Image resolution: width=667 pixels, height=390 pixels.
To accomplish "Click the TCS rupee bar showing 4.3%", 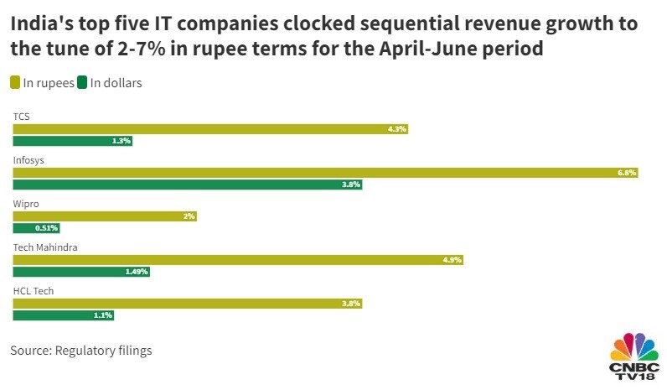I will click(x=210, y=129).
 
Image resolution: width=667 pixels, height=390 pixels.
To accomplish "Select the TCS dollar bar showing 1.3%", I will click(x=72, y=141).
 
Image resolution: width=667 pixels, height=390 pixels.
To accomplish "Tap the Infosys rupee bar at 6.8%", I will click(x=325, y=173).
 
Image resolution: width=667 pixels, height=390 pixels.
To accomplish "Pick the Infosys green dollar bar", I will click(x=187, y=185).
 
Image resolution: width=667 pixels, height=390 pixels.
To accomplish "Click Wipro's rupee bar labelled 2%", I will click(x=104, y=216).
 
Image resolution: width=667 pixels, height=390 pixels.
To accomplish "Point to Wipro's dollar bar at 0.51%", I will click(x=36, y=228).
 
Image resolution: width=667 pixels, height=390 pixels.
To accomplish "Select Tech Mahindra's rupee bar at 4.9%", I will click(x=237, y=260).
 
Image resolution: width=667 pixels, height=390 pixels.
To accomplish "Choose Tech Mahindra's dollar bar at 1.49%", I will click(x=80, y=272).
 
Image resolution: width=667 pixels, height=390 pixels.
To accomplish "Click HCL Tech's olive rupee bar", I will click(x=187, y=304).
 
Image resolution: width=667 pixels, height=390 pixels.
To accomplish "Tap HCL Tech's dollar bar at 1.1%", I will click(x=63, y=315).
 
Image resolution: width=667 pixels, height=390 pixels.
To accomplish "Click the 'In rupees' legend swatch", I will click(x=16, y=82).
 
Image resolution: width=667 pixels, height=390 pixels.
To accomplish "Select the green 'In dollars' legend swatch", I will click(x=83, y=82).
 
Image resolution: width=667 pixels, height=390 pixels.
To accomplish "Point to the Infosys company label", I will click(x=28, y=159).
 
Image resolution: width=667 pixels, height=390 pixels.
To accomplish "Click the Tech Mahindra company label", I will click(x=46, y=247).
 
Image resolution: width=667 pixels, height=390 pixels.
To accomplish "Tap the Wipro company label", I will click(x=26, y=203).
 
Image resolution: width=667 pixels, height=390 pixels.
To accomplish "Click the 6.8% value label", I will click(x=627, y=173).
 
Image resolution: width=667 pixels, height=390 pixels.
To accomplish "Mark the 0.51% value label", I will click(x=47, y=228).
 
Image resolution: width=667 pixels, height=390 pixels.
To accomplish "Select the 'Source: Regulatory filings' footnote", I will click(x=81, y=351).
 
